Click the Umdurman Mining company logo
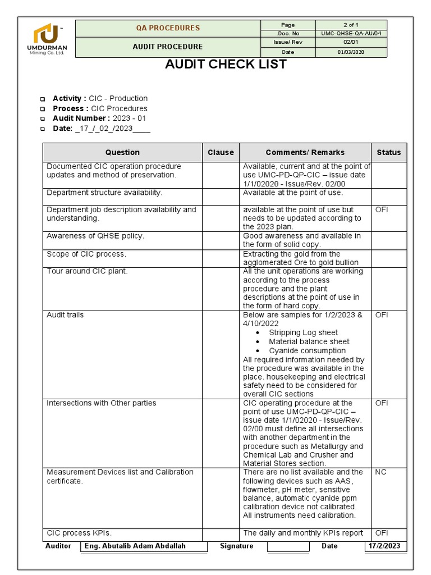coord(49,39)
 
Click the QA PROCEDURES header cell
coord(167,28)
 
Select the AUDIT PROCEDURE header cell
coord(167,47)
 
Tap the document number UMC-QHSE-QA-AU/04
coord(351,34)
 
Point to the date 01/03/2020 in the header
coord(351,52)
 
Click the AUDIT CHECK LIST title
coord(226,65)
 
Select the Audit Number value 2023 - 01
coord(129,118)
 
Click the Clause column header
coord(221,152)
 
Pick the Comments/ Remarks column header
coord(305,152)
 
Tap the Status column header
coord(388,152)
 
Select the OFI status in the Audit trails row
coord(381,315)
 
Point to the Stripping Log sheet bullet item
coord(303,332)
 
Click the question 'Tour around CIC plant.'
coord(87,272)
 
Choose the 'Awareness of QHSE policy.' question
coord(95,236)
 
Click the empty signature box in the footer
coord(288,546)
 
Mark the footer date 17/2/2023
coord(385,546)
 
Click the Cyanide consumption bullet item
coord(307,350)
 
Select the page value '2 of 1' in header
coord(351,25)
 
